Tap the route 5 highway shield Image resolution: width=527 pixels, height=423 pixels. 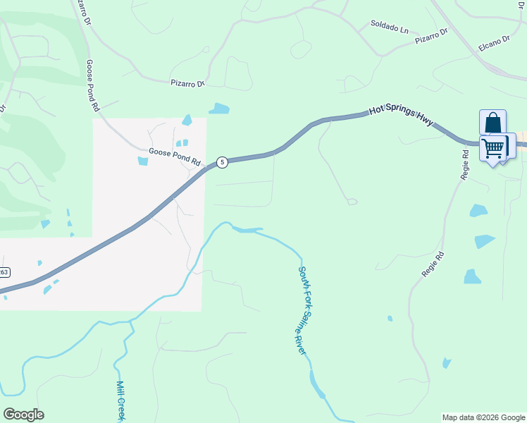(x=222, y=162)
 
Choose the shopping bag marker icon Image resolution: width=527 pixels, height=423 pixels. (x=492, y=123)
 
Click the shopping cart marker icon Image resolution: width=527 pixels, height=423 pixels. (x=494, y=148)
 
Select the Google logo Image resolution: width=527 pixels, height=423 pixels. (x=23, y=414)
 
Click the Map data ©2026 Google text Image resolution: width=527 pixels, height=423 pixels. (x=483, y=417)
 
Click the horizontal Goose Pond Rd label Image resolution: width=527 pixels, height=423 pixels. (x=175, y=157)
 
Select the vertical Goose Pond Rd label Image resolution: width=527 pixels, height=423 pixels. (x=92, y=85)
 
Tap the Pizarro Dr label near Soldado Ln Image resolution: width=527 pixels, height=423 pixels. (x=432, y=36)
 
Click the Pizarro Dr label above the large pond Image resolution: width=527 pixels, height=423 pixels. (x=187, y=83)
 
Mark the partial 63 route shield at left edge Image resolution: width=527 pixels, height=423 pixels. (x=4, y=272)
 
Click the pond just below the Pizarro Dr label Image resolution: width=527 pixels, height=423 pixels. (x=219, y=109)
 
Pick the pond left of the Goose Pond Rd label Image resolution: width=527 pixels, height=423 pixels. (x=143, y=161)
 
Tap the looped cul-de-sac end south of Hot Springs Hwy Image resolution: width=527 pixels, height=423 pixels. (x=352, y=202)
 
